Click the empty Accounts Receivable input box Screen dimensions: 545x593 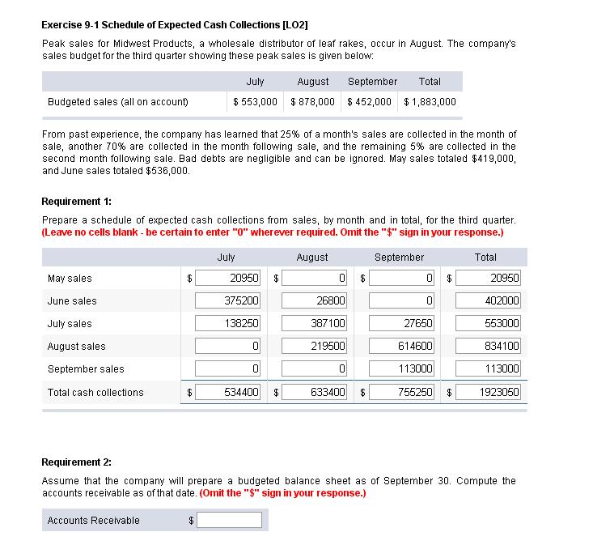coord(229,520)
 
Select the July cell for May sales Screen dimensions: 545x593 coord(227,279)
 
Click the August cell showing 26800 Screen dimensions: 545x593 coord(315,301)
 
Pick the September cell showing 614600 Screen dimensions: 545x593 coord(401,347)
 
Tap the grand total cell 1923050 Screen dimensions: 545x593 coord(489,393)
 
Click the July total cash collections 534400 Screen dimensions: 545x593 coord(227,393)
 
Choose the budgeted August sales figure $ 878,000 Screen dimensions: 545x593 coord(312,102)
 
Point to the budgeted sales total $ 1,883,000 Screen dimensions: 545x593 coord(430,102)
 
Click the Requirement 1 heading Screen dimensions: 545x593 coord(76,202)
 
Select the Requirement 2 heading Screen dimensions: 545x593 coord(76,462)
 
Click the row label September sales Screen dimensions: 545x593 coord(86,369)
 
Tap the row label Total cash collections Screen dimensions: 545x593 coord(95,393)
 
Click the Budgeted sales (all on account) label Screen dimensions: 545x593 coord(118,102)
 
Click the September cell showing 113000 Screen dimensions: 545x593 coord(401,369)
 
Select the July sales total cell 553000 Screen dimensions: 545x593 coord(489,324)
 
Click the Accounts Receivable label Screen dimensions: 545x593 coord(94,520)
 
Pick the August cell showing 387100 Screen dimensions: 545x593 coord(315,324)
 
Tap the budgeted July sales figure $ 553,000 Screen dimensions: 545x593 coord(255,102)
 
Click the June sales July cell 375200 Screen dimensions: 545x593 coord(227,301)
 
